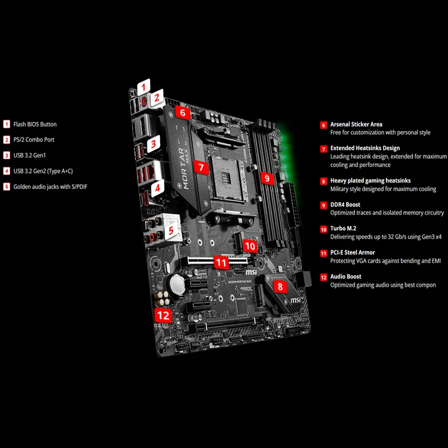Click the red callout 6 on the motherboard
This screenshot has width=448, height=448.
click(x=183, y=112)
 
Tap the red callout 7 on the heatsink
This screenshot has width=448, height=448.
click(x=201, y=166)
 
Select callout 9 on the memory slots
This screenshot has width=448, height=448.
click(x=267, y=179)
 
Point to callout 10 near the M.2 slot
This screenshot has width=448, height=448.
click(x=250, y=246)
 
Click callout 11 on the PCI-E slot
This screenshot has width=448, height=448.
click(x=222, y=262)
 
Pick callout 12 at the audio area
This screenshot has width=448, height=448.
click(x=163, y=315)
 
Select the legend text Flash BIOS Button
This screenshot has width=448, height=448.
click(x=35, y=124)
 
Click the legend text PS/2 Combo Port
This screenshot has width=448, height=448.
click(x=34, y=139)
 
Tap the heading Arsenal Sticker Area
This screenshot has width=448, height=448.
click(x=356, y=124)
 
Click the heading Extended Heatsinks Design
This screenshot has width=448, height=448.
click(x=365, y=148)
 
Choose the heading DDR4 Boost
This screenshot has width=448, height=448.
click(x=345, y=205)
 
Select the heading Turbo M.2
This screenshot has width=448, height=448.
click(x=343, y=228)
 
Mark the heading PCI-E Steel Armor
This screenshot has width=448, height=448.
click(x=352, y=253)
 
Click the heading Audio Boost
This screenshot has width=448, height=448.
click(x=346, y=277)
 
